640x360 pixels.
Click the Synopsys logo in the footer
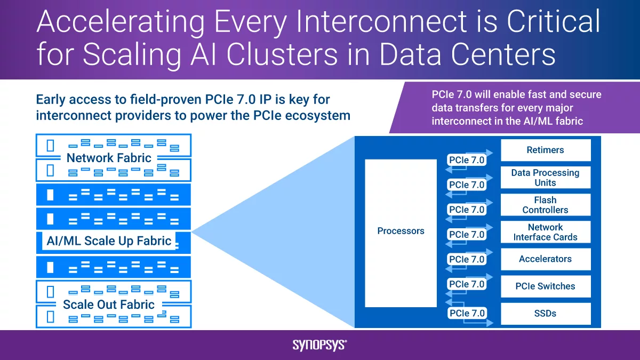click(319, 345)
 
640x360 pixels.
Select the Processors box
click(401, 233)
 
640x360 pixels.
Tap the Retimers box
click(545, 150)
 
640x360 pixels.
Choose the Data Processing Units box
click(545, 178)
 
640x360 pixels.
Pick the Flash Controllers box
click(545, 205)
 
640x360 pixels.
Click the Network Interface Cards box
click(545, 232)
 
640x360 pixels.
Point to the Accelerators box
click(545, 259)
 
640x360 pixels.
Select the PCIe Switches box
click(545, 286)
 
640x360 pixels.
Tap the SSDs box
click(545, 314)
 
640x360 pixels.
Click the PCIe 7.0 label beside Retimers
click(467, 159)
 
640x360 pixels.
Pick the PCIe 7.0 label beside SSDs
click(467, 313)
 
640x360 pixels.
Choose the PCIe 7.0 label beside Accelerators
click(467, 260)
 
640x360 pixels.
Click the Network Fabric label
click(109, 158)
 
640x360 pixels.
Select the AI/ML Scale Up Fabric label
click(109, 241)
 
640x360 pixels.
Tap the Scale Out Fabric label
click(109, 305)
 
